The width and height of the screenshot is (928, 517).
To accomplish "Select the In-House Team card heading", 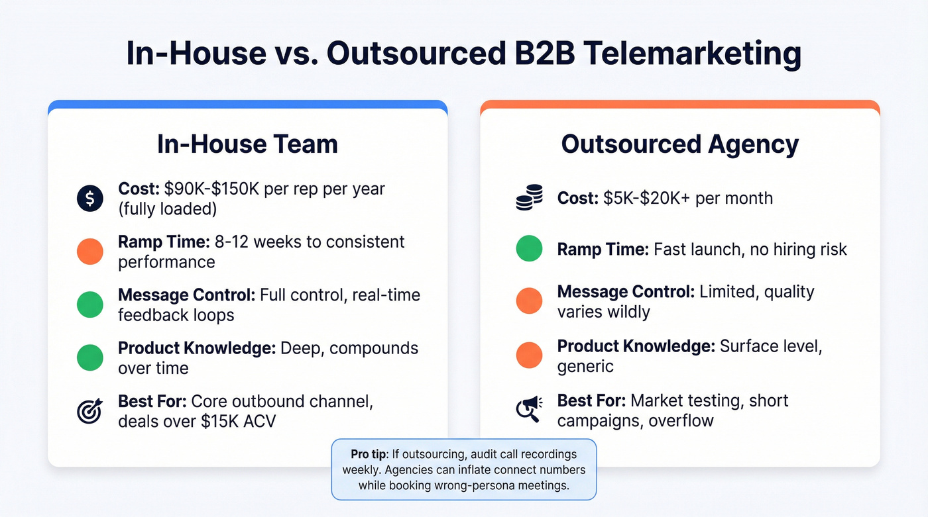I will [247, 144].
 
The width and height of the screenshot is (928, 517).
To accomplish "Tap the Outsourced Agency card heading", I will [680, 144].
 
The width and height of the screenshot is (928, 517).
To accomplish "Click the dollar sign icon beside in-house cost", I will [90, 198].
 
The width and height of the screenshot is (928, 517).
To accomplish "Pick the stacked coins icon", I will [529, 198].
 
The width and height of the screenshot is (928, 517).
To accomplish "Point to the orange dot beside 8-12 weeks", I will [90, 252].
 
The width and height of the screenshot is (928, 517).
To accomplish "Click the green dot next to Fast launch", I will [529, 250].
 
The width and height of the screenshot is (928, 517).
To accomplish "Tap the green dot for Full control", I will [90, 305].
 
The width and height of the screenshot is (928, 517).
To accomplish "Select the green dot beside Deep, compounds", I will [90, 357].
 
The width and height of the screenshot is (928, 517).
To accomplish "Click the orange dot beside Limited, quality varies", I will [529, 301].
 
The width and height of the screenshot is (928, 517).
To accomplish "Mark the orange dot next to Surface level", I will [529, 355].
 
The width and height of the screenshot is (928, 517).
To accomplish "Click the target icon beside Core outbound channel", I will [90, 411].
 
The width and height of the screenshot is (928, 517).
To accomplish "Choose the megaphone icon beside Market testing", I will [529, 410].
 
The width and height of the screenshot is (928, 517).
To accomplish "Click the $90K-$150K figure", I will [211, 189].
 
